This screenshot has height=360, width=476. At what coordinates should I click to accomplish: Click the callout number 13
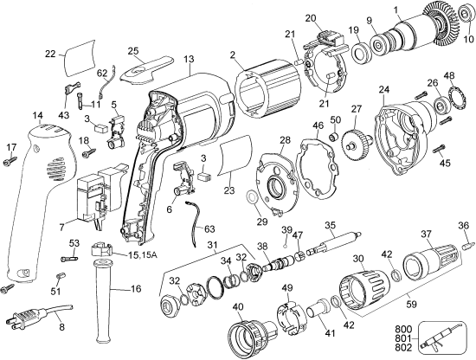(188, 58)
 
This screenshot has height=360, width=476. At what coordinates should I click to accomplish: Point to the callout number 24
(384, 87)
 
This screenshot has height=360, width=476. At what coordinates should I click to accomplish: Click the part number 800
(402, 328)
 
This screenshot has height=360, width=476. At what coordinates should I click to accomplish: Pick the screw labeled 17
(10, 160)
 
